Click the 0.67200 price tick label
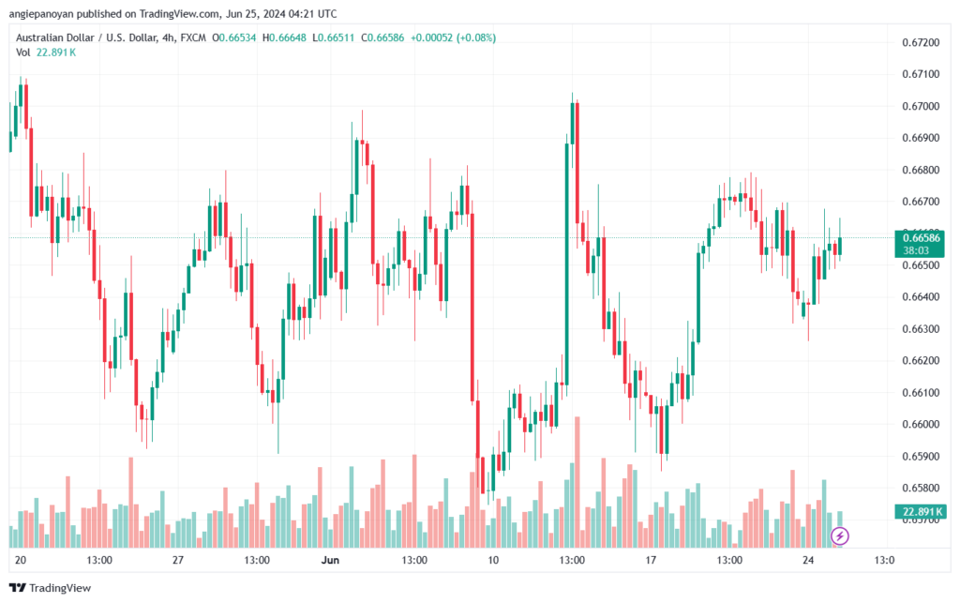pyautogui.click(x=921, y=43)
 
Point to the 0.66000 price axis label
pyautogui.click(x=921, y=425)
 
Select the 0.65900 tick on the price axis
pyautogui.click(x=921, y=457)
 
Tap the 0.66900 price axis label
pyautogui.click(x=921, y=139)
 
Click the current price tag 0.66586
pyautogui.click(x=920, y=237)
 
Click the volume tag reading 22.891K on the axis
pyautogui.click(x=920, y=511)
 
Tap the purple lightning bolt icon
pyautogui.click(x=841, y=536)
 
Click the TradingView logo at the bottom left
pyautogui.click(x=52, y=588)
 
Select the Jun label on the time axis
pyautogui.click(x=329, y=561)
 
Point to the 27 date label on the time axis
pyautogui.click(x=178, y=561)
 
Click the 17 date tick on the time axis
pyautogui.click(x=650, y=561)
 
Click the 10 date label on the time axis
pyautogui.click(x=492, y=561)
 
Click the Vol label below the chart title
pyautogui.click(x=23, y=53)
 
